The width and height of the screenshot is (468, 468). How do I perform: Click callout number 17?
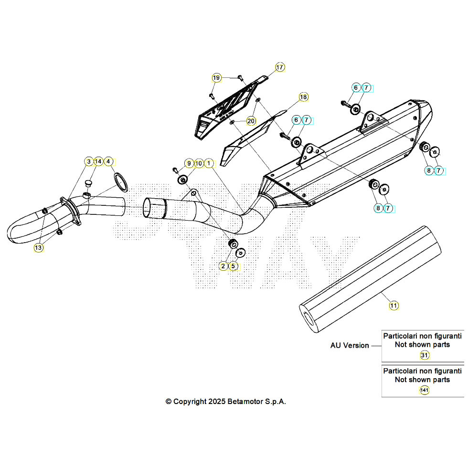coord(279,67)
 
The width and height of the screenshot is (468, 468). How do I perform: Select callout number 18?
coord(303,97)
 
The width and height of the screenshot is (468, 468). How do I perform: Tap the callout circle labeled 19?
coord(216,78)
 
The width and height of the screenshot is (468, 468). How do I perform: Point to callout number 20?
coord(251,121)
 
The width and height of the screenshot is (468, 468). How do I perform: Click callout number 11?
coord(394,305)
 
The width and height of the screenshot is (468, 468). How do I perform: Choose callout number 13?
coord(38,247)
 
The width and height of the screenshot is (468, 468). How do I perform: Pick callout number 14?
coord(98,162)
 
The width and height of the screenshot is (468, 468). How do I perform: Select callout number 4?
coord(109,162)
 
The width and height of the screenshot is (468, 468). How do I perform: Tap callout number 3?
coord(88,162)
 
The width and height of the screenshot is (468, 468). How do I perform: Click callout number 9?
coord(189,163)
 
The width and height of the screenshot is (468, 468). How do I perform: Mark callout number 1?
coord(209,163)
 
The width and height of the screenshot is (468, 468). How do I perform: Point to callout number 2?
coord(223,266)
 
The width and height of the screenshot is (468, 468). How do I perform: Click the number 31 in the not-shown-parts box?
coord(424,355)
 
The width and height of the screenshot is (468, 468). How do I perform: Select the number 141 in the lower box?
coord(424,391)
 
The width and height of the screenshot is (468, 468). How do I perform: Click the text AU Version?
coord(350,345)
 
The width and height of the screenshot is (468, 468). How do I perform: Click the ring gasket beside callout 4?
coord(121,182)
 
